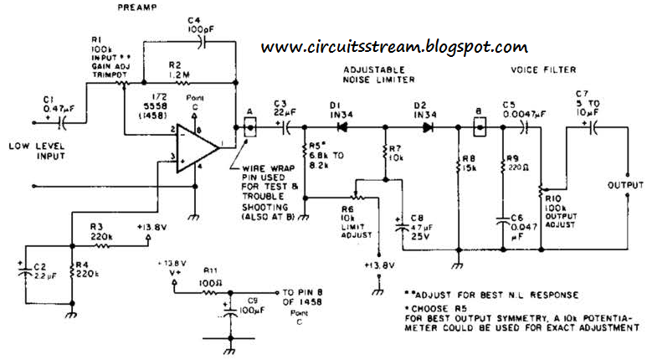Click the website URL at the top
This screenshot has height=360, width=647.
click(394, 47)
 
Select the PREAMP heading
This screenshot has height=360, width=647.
click(136, 8)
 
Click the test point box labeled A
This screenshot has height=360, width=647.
click(249, 126)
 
